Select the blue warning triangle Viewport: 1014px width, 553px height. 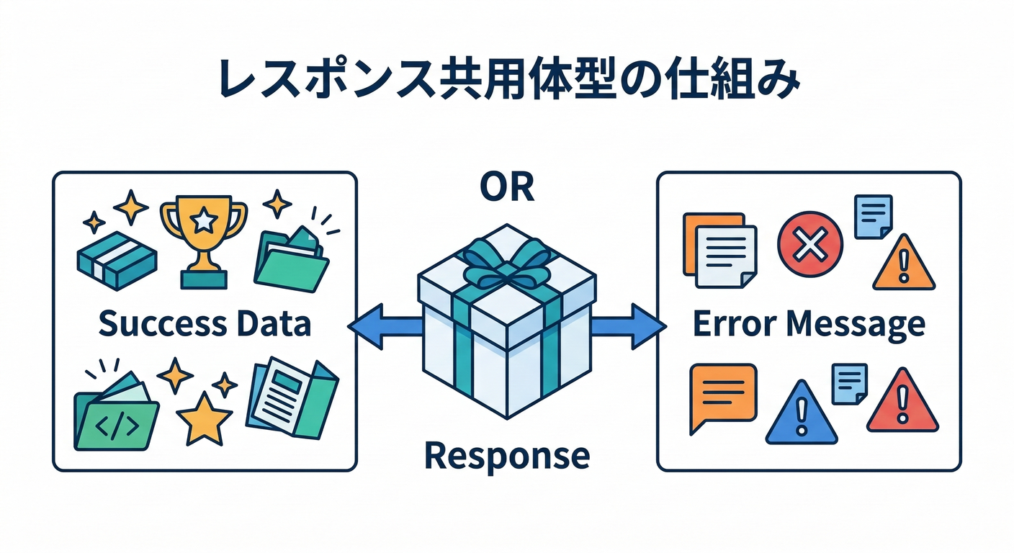click(802, 414)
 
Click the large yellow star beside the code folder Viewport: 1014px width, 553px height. click(205, 418)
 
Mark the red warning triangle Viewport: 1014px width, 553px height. click(902, 403)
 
